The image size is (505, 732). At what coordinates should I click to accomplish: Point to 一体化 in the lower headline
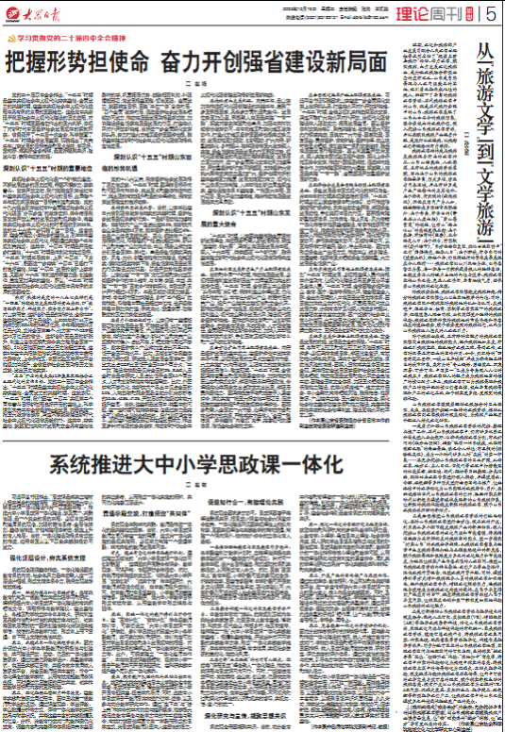311,465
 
